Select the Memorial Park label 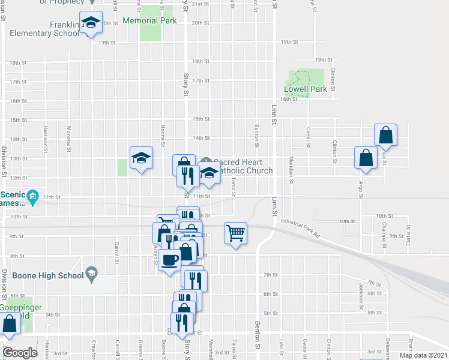point(149,20)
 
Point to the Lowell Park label point(305,89)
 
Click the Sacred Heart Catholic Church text point(243,166)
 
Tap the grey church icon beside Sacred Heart point(206,161)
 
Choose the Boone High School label point(41,276)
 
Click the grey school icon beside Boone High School point(91,275)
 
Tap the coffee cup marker point(170,259)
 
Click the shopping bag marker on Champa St point(385,135)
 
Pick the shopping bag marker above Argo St point(366,157)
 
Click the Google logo point(20,353)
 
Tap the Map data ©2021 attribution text point(423,355)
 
